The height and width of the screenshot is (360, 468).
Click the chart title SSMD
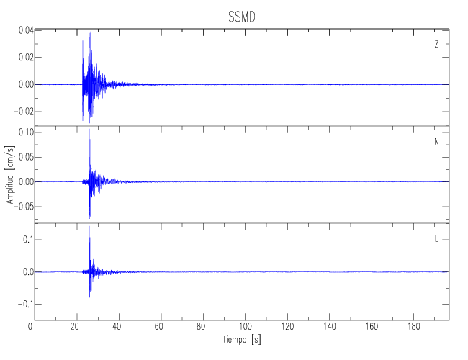pyautogui.click(x=242, y=17)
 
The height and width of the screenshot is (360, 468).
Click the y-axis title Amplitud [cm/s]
pyautogui.click(x=10, y=175)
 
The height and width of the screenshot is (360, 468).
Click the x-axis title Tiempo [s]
pyautogui.click(x=241, y=339)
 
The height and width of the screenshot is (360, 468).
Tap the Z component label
pyautogui.click(x=436, y=44)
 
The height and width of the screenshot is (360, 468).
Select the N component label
pyautogui.click(x=436, y=141)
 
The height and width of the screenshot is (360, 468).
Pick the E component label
pyautogui.click(x=436, y=239)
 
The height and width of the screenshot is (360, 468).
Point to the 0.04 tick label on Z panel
pyautogui.click(x=26, y=30)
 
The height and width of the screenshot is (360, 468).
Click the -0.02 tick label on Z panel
pyautogui.click(x=24, y=112)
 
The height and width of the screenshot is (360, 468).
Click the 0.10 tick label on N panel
pyautogui.click(x=26, y=132)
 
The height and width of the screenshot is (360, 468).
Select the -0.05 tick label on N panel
pyautogui.click(x=24, y=206)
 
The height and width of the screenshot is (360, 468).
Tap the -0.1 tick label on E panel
pyautogui.click(x=26, y=304)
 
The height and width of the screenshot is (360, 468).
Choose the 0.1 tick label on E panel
pyautogui.click(x=28, y=240)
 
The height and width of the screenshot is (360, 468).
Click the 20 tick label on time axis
pyautogui.click(x=75, y=327)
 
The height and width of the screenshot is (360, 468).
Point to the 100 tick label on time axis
pyautogui.click(x=245, y=327)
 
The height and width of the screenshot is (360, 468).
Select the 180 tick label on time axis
pyautogui.click(x=413, y=327)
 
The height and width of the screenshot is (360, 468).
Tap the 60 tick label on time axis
pyautogui.click(x=159, y=327)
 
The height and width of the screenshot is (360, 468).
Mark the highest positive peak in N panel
pyautogui.click(x=89, y=130)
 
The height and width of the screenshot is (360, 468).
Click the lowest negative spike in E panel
pyautogui.click(x=89, y=317)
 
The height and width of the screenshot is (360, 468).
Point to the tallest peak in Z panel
pyautogui.click(x=91, y=32)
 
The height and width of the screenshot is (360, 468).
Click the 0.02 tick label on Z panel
pyautogui.click(x=26, y=58)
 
